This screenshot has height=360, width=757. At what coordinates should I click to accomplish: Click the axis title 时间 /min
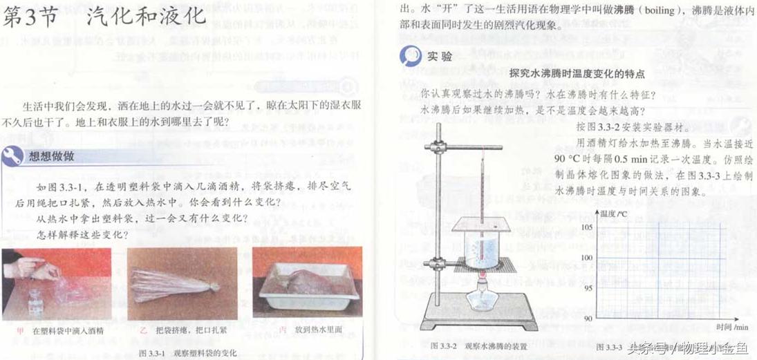click(731, 326)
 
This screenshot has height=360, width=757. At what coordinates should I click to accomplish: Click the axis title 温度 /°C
click(613, 214)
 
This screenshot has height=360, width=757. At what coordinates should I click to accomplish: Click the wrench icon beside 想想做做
click(12, 156)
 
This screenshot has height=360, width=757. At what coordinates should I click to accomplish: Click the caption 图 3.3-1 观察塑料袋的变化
click(187, 353)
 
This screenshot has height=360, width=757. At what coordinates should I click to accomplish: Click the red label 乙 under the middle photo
click(142, 330)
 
